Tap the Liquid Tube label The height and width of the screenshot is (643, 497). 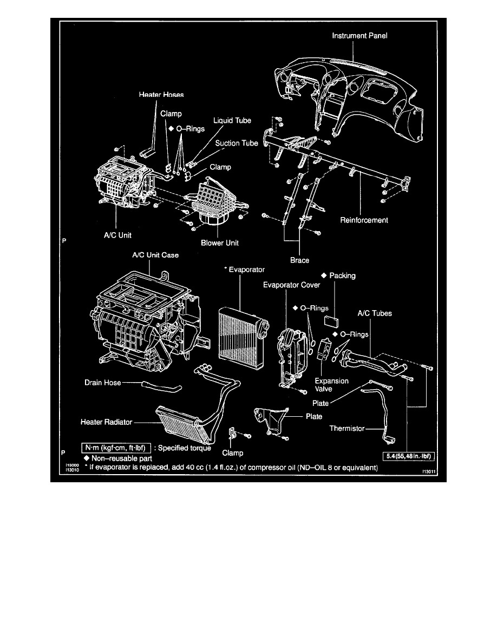tap(232, 120)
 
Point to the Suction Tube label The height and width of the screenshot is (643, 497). tap(237, 143)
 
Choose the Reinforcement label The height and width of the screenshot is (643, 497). tap(364, 220)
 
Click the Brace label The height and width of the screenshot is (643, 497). tap(299, 260)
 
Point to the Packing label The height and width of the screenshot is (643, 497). tap(342, 275)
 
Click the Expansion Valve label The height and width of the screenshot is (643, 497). tap(331, 385)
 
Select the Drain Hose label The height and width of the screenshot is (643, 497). tap(102, 382)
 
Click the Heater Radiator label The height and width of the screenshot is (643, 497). tap(106, 421)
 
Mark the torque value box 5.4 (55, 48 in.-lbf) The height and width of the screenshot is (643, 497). tap(410, 456)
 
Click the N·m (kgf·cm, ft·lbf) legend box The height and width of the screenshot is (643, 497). tap(115, 448)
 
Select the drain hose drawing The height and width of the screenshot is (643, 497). tap(161, 386)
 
